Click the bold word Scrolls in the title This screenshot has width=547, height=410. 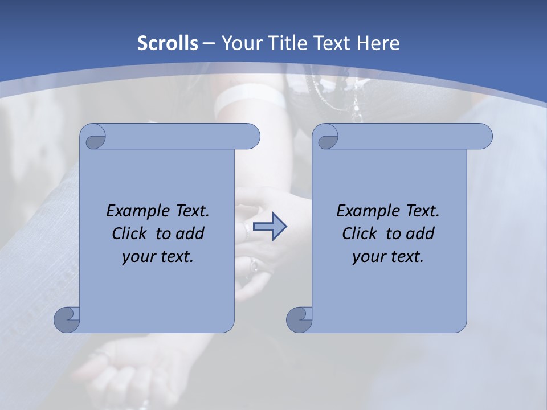[168, 43]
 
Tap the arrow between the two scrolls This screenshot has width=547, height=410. [270, 227]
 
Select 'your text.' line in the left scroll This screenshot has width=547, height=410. [158, 256]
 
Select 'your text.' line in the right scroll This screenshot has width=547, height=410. [388, 256]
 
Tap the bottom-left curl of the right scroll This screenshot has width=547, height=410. [299, 319]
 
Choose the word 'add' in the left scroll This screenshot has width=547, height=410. [190, 233]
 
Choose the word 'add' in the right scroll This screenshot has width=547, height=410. [420, 233]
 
